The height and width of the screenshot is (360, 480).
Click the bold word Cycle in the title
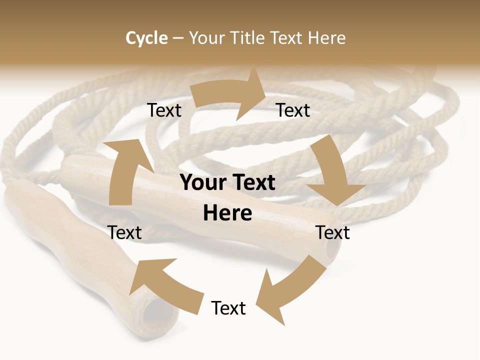(x=146, y=38)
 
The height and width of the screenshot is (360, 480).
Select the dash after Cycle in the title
(x=178, y=38)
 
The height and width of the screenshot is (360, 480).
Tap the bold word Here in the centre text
(x=227, y=213)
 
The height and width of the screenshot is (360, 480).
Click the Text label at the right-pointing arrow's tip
(x=293, y=110)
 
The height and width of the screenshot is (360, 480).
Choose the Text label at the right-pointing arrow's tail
(x=164, y=110)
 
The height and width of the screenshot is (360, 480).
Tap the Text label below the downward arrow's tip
(x=332, y=232)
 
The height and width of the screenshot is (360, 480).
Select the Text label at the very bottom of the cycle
(x=228, y=308)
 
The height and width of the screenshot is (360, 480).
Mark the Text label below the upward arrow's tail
(x=125, y=232)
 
